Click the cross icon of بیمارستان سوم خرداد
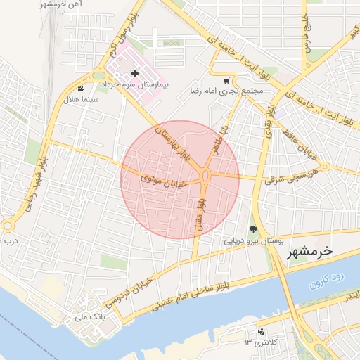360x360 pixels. click(x=134, y=73)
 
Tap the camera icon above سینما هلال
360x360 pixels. click(x=82, y=89)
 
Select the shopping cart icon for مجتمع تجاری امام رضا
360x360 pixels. click(x=226, y=80)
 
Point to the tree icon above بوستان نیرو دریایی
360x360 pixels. click(x=253, y=229)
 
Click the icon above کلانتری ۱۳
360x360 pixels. click(x=262, y=330)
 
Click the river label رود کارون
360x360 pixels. click(x=326, y=279)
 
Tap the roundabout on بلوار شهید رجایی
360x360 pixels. click(x=8, y=226)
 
